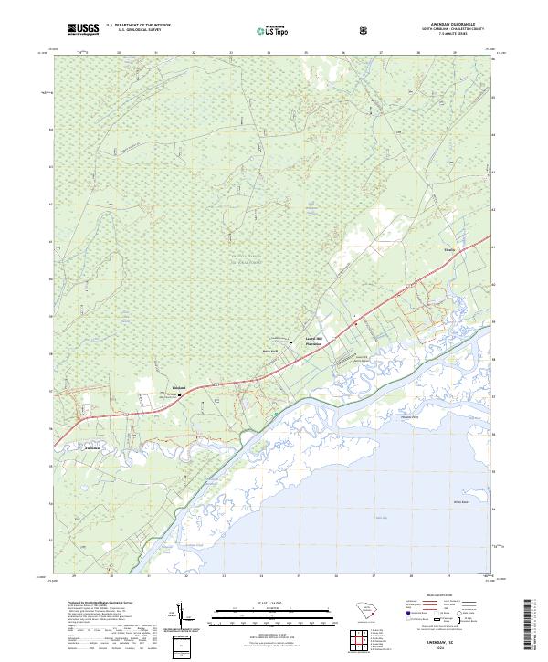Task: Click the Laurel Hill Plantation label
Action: [314, 342]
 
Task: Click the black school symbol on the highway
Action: [179, 394]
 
